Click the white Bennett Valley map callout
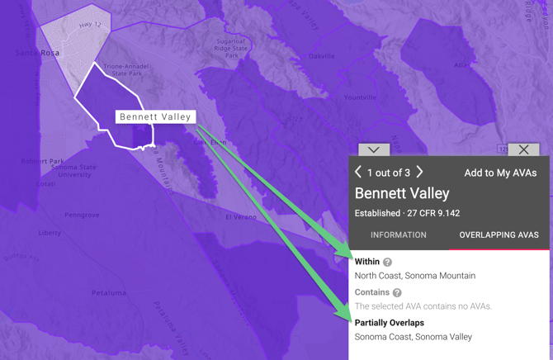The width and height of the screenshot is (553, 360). (155, 117)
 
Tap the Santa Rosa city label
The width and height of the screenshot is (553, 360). (38, 53)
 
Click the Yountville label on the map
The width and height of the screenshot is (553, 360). (360, 97)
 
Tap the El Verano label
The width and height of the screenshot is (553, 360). (242, 218)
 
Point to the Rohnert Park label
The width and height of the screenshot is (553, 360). (42, 161)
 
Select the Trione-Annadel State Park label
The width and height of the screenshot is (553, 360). (122, 69)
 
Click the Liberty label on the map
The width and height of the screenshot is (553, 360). (50, 233)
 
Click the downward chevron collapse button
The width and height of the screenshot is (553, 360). (374, 149)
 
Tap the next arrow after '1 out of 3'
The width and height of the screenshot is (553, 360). (420, 172)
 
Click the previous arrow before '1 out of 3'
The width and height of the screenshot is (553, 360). (358, 172)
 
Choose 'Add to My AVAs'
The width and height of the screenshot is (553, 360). (500, 173)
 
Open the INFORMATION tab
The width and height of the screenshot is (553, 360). (399, 235)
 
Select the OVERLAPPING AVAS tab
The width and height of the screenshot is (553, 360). (499, 235)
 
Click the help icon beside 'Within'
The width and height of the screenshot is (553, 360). (387, 262)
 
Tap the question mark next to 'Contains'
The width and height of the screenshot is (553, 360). (397, 292)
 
